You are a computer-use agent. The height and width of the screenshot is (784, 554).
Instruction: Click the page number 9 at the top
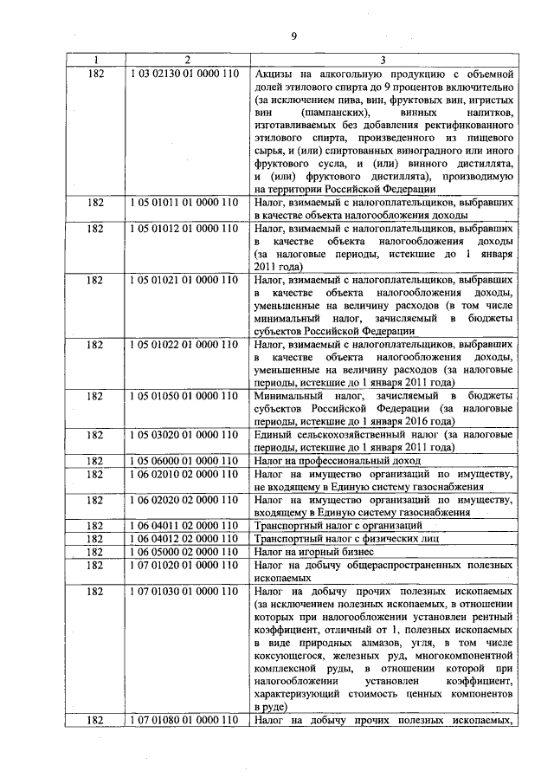293,36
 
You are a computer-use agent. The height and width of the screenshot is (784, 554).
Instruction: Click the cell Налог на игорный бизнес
313,551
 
